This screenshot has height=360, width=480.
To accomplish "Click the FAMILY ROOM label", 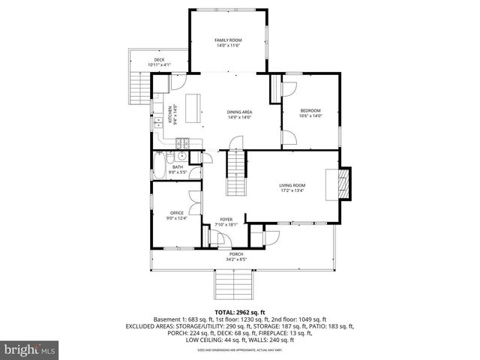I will point(227,40).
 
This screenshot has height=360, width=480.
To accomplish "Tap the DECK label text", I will point(159,60).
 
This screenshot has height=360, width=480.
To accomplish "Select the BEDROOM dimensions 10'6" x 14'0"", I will point(309,115).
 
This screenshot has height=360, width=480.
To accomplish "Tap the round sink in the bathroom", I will point(181,157).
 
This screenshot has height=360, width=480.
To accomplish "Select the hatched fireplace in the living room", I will point(343,182).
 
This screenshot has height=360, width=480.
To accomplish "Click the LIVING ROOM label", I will point(292,185).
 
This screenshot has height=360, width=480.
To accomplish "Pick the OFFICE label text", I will point(176,213).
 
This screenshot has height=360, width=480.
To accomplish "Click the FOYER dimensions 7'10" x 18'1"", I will point(226,224).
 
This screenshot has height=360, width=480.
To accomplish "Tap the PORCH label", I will point(235,254).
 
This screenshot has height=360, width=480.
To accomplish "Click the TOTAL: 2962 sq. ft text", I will point(240,311).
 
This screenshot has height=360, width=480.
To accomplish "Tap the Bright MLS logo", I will point(30,349).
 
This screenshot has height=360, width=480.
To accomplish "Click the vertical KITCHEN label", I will point(170,113).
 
